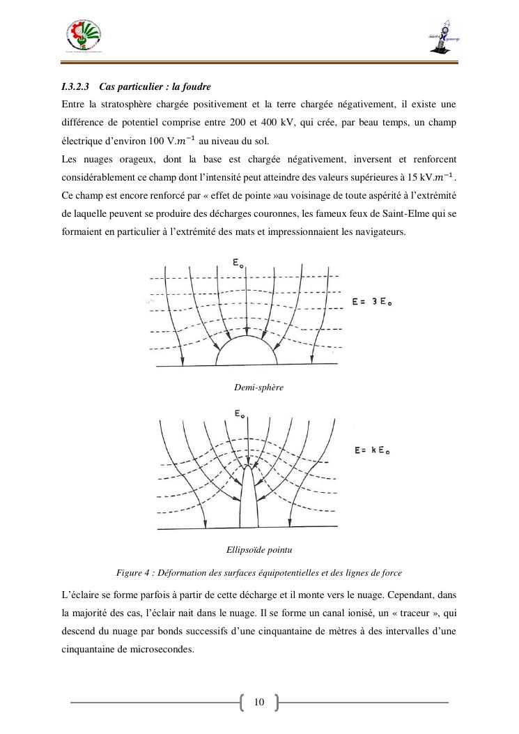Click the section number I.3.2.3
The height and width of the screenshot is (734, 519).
pos(75,87)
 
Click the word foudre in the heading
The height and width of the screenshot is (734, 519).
pos(196,87)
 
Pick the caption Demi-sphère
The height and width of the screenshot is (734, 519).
pos(258,387)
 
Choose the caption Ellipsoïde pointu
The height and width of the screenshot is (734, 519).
pos(258,550)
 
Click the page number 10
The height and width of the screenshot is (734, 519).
pos(259,702)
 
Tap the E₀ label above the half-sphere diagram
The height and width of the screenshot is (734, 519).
pos(239,264)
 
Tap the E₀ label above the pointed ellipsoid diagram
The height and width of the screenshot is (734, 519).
pos(239,415)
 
